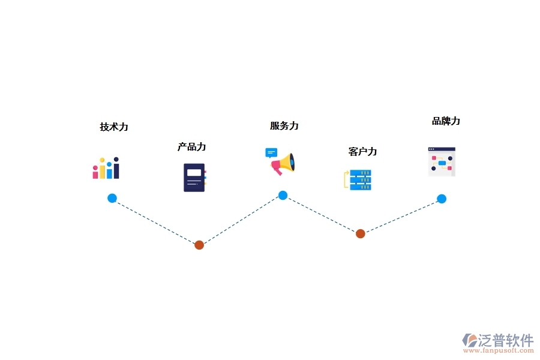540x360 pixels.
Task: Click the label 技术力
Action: tap(114, 127)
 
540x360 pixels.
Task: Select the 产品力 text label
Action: tap(191, 147)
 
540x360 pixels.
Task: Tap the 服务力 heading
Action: tap(284, 126)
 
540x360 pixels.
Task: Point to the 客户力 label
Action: tap(362, 152)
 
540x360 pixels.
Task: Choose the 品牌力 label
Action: tap(446, 121)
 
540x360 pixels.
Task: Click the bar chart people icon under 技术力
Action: tap(106, 169)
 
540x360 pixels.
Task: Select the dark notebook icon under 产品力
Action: tap(194, 178)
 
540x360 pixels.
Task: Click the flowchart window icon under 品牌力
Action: tap(442, 161)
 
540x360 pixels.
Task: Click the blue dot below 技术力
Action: tap(112, 199)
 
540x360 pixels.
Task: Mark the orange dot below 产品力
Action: tap(199, 245)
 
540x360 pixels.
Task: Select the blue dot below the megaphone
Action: tap(283, 195)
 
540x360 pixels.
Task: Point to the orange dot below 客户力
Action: tap(360, 233)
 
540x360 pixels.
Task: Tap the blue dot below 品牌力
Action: tap(442, 199)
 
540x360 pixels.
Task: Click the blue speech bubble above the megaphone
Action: tap(271, 152)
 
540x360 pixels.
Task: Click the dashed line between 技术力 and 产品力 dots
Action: tap(156, 222)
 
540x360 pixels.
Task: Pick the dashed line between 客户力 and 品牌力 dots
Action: tap(401, 216)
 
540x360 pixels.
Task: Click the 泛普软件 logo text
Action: tap(505, 341)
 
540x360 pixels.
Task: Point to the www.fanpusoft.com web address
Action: tap(500, 351)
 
